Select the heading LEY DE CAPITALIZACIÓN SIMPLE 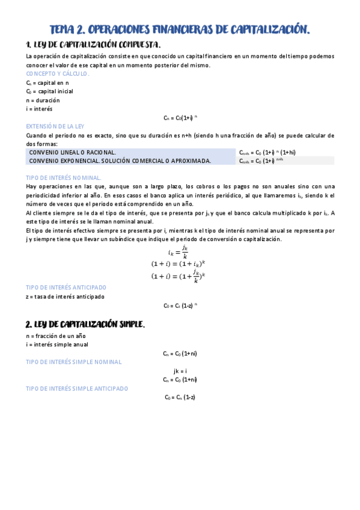(85, 324)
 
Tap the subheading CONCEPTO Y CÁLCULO (58, 73)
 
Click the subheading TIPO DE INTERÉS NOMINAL (64, 178)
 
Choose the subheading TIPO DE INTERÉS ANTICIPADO (66, 287)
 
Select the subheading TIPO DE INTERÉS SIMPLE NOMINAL (73, 362)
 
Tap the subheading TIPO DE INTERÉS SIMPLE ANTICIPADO (77, 389)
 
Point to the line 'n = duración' (43, 100)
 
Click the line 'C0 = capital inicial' (49, 91)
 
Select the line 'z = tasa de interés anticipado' (65, 296)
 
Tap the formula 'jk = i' (180, 371)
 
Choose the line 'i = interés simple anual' (57, 345)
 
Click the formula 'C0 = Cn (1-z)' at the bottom (180, 398)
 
